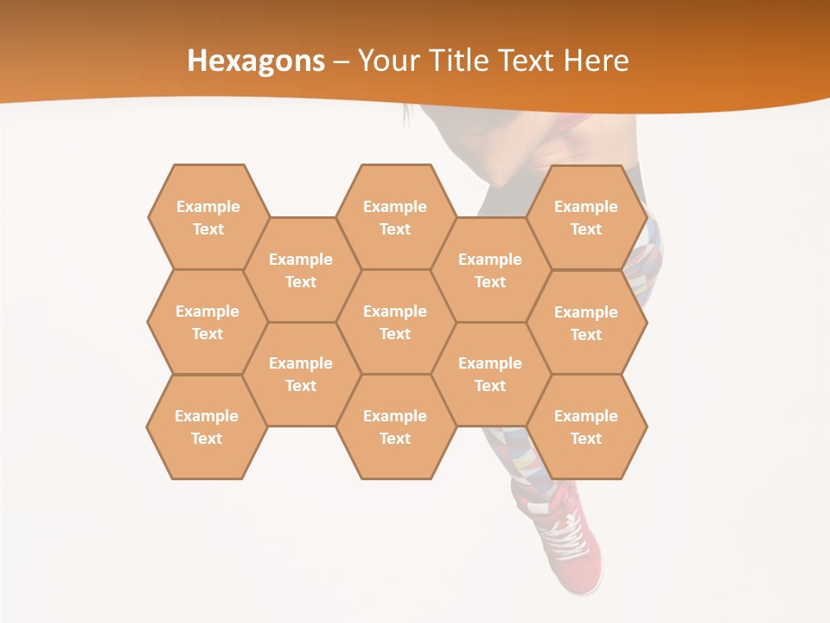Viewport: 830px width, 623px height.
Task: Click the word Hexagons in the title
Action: click(256, 61)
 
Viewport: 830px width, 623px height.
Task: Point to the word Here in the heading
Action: click(596, 61)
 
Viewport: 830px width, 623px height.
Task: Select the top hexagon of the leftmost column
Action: click(207, 217)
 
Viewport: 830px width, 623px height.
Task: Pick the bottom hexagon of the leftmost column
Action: click(207, 427)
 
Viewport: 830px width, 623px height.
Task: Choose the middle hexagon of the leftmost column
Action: click(207, 322)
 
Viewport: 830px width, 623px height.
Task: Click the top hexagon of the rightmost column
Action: click(586, 217)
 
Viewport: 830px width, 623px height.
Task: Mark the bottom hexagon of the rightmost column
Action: click(586, 427)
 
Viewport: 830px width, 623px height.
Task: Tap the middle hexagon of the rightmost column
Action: click(586, 323)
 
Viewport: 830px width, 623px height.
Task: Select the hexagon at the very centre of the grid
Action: click(395, 322)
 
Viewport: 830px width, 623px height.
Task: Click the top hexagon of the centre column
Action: click(395, 217)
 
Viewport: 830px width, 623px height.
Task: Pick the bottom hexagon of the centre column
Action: click(395, 427)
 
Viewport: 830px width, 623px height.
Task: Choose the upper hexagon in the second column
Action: click(301, 270)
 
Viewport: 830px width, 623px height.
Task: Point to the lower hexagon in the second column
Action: click(301, 374)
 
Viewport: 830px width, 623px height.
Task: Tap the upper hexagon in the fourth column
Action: click(490, 270)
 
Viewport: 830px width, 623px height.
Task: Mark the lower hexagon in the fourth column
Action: click(490, 374)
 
